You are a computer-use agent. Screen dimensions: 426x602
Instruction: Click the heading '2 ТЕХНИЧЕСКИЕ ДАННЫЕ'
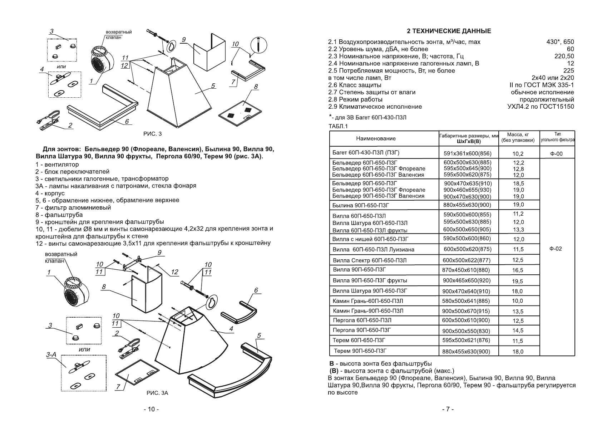click(x=449, y=31)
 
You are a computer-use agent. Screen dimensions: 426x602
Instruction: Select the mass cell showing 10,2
click(x=518, y=154)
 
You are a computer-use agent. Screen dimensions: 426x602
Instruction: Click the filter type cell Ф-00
click(x=557, y=154)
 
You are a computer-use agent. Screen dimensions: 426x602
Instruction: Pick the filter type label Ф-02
click(x=557, y=249)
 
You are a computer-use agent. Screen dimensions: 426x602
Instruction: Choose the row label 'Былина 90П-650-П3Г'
click(x=361, y=205)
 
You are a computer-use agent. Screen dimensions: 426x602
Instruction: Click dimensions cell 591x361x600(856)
click(x=467, y=154)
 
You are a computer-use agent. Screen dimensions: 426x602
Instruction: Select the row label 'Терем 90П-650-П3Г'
click(x=360, y=351)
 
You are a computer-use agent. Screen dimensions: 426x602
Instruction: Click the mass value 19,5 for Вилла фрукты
click(x=517, y=281)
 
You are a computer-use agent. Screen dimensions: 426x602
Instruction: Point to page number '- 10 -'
click(x=151, y=409)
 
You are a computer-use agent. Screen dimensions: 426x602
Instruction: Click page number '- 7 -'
click(x=447, y=409)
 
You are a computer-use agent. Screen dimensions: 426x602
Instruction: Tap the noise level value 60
click(x=570, y=49)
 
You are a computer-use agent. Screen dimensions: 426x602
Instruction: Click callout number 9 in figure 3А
click(x=159, y=253)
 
